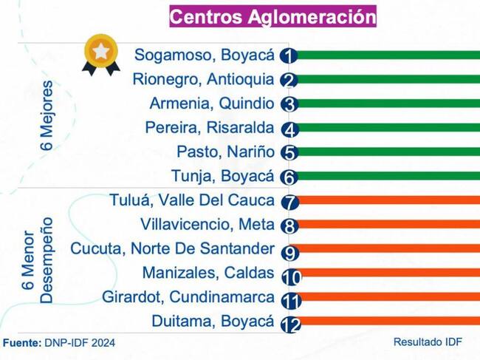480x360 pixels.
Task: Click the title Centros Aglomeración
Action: pos(272,16)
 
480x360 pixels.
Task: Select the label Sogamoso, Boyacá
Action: pos(204,55)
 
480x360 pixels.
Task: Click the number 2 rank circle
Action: pos(289,81)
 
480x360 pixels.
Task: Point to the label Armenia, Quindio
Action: pos(211,103)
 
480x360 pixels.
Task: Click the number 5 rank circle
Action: pos(289,153)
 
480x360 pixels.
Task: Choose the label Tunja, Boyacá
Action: pos(222,176)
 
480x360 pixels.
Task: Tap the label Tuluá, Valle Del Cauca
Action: pos(192,200)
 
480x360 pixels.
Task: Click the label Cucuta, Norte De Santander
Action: pos(172,249)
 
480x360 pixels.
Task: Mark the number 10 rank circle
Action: pos(290,276)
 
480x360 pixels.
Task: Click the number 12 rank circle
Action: pos(290,325)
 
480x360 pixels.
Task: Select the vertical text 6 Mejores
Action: pos(47,115)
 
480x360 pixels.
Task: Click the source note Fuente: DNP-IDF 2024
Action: pos(59,343)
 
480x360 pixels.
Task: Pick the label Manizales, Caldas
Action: pos(208,273)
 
